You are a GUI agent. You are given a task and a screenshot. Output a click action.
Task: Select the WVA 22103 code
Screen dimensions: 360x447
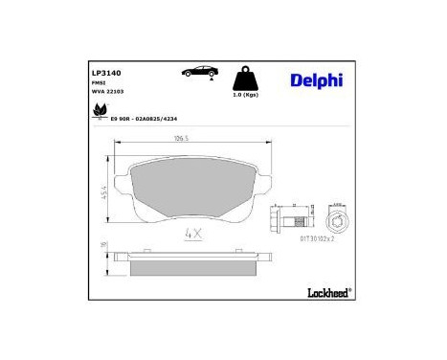[107, 92]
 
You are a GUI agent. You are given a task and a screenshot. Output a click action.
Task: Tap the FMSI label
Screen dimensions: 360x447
[99, 83]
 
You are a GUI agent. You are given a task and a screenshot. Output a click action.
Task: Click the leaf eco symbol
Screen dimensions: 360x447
[99, 114]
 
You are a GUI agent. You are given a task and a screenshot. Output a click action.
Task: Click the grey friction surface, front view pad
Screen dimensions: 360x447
[190, 188]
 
